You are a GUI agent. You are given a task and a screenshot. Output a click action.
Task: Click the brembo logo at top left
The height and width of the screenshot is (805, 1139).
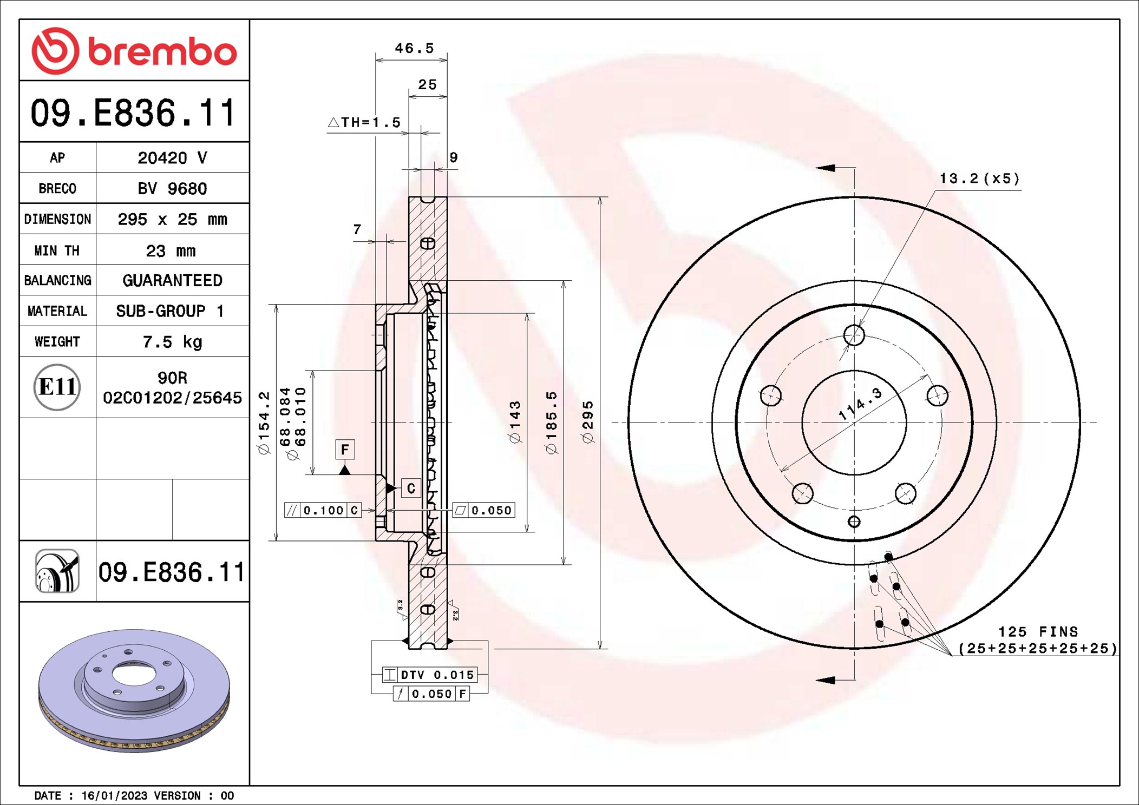tap(134, 51)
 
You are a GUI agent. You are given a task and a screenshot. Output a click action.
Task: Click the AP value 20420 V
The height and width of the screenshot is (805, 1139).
tap(172, 158)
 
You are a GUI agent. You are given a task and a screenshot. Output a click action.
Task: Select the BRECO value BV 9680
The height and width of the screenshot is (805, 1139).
tap(172, 189)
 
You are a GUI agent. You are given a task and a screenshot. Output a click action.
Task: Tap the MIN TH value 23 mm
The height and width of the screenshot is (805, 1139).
tap(171, 251)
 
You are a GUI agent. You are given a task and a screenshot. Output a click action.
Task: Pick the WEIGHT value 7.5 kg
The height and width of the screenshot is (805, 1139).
tap(172, 342)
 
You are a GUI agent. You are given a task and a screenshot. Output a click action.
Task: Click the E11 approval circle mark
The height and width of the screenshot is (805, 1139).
tap(57, 387)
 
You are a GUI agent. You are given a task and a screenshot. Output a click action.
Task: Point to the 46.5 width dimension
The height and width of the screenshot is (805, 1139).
tap(414, 49)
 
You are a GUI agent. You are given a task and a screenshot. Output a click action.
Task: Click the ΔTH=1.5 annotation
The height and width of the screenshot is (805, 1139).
tap(365, 123)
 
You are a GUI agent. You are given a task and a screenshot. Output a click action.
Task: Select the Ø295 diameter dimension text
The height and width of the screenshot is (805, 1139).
tap(588, 422)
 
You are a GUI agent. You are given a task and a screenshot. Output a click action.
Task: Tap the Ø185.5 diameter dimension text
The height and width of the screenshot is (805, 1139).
tap(551, 422)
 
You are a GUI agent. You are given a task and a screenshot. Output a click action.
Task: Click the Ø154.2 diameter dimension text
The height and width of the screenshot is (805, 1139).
tap(264, 422)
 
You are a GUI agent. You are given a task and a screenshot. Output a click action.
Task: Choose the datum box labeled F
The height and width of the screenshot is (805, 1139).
tap(345, 449)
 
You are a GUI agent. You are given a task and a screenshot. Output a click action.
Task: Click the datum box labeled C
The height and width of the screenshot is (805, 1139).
tap(411, 489)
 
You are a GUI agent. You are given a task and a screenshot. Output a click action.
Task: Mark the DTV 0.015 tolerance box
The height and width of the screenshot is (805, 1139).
tap(430, 675)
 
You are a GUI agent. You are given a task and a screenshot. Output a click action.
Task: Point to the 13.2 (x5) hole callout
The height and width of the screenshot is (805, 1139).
tap(979, 179)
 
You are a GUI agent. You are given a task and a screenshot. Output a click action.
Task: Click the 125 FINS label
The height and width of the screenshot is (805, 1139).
tap(1038, 632)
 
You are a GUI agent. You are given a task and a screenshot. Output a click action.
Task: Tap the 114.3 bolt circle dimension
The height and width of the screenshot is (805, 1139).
tap(860, 404)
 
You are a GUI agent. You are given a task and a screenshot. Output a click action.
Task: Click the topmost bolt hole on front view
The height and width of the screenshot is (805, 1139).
tap(854, 335)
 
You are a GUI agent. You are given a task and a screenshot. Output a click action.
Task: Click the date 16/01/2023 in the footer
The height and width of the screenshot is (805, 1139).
tap(114, 796)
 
